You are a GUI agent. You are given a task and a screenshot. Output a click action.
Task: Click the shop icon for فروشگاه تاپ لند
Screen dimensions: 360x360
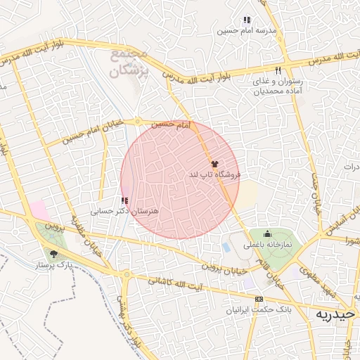pyautogui.click(x=214, y=163)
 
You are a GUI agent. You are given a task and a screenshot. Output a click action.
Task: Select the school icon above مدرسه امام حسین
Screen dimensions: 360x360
pyautogui.click(x=246, y=20)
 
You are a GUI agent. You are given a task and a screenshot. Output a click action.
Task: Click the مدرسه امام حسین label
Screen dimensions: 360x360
pyautogui.click(x=245, y=31)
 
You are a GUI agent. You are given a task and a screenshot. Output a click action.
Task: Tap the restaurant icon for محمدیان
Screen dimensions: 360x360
pyautogui.click(x=278, y=70)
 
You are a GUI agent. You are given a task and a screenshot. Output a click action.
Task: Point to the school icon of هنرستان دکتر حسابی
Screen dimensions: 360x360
pyautogui.click(x=125, y=201)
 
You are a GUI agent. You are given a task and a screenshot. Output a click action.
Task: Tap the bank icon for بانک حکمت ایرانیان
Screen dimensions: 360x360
pyautogui.click(x=259, y=300)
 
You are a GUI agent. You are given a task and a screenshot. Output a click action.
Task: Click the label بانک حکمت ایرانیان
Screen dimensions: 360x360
pyautogui.click(x=259, y=309)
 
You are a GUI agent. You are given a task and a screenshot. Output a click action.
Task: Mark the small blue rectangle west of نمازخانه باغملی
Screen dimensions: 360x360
pyautogui.click(x=226, y=248)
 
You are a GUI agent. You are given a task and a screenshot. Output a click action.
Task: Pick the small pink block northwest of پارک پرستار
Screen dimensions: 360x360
pyautogui.click(x=39, y=210)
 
